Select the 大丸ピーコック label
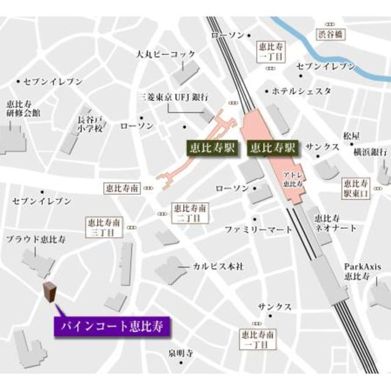[x=165, y=54]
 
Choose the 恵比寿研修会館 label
[x=23, y=108]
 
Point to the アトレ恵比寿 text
[x=290, y=180]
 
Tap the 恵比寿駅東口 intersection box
[x=356, y=188]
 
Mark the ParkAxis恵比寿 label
[x=357, y=271]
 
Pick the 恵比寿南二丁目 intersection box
[x=189, y=213]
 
